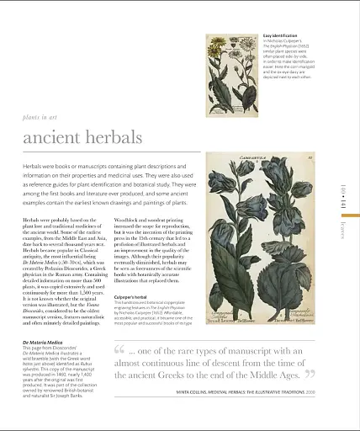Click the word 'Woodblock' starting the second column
127,217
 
